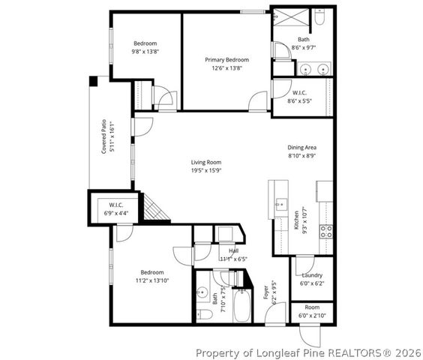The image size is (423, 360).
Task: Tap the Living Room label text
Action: coord(205,162)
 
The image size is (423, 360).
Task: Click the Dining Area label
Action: coord(307,148)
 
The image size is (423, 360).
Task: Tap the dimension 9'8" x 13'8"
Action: coord(145,52)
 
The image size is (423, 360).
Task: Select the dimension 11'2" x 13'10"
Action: coord(152,280)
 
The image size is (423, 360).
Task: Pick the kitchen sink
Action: coord(280,203)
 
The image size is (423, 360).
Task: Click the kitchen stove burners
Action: coord(326,231)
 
